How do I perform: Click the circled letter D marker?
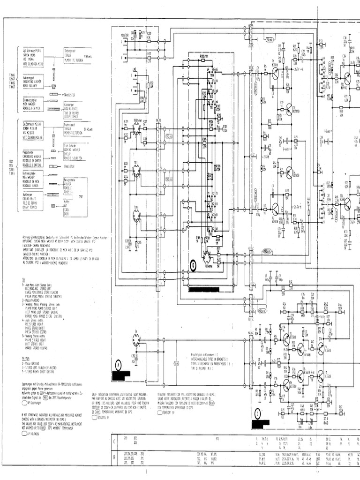coord(193,265)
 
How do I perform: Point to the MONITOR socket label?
coord(124,35)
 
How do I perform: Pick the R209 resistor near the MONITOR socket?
coord(149,35)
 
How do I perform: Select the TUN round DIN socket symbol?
coord(136,215)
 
